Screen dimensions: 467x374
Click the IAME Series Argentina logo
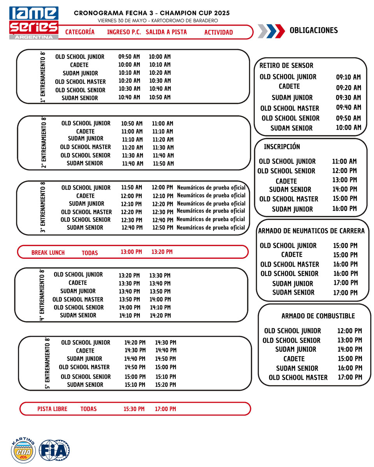tap(34, 23)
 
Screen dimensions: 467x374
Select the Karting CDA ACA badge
tap(23, 451)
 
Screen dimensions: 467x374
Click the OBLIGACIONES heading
tap(314, 31)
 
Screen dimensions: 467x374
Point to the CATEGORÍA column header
tap(80, 32)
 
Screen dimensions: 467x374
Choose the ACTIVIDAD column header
tap(218, 32)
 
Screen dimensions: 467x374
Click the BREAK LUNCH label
tap(48, 253)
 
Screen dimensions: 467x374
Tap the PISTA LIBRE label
tap(52, 409)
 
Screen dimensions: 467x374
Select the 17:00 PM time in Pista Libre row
tap(165, 409)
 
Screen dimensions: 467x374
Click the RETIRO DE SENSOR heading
tap(286, 65)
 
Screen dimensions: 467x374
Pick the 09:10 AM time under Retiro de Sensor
tap(349, 77)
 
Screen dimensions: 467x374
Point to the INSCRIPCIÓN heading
tap(282, 147)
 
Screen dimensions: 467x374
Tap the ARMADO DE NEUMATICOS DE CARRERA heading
tap(311, 231)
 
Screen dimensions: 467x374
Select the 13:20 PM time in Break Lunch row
tap(162, 252)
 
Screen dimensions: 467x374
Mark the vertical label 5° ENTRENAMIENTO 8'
tap(48, 363)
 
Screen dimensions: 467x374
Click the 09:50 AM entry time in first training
tap(129, 57)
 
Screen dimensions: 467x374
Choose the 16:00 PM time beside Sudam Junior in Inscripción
tap(344, 209)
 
